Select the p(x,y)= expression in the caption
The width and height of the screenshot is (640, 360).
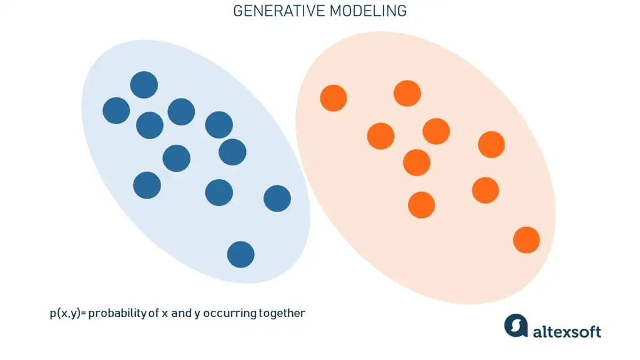67,313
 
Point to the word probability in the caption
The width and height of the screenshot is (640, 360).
117,313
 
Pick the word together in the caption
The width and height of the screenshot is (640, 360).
282,313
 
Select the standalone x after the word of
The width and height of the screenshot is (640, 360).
165,313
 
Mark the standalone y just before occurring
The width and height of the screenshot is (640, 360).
197,314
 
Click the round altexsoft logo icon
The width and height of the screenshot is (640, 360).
516,326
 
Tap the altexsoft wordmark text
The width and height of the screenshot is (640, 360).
567,331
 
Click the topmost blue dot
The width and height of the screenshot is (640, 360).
144,85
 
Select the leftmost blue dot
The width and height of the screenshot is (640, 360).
116,111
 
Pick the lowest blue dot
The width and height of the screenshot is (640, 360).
241,255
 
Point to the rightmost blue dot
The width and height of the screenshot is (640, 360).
277,198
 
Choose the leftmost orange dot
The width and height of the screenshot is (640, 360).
333,98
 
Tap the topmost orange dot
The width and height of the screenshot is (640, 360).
407,94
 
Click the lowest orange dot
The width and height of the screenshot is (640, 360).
526,240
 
